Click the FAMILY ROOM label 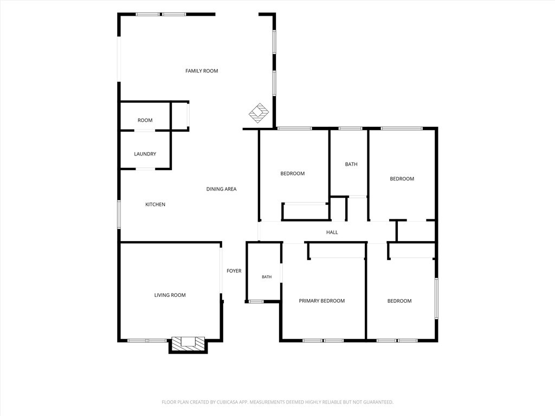pos(202,71)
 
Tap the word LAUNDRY pos(145,154)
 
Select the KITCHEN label pos(155,204)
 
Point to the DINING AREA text pos(221,189)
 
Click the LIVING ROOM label pos(170,295)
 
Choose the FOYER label pos(234,271)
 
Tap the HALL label pos(332,232)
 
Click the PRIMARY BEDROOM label pos(322,301)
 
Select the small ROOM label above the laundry pos(145,120)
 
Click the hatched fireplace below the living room pos(188,344)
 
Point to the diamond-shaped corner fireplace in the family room pos(259,113)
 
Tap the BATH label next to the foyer pos(267,277)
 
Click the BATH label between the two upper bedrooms pos(351,164)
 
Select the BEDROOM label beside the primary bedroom pos(399,301)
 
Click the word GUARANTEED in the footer pos(378,402)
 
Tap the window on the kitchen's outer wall pos(119,214)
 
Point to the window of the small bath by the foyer pos(256,301)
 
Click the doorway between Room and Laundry pos(144,131)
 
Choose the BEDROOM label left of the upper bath pos(292,174)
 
